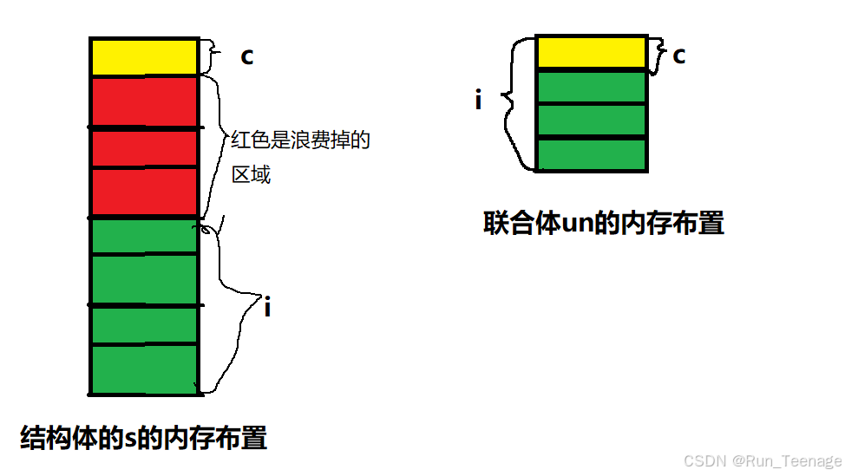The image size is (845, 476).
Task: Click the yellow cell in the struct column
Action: pos(144,57)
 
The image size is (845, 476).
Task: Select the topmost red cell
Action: pos(144,101)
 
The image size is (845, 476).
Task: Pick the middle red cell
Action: pos(144,148)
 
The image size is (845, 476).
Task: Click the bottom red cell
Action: pos(144,191)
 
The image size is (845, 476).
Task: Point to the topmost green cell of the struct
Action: pos(144,235)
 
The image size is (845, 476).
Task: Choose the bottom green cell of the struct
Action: pos(144,368)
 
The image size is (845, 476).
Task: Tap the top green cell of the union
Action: pos(592,87)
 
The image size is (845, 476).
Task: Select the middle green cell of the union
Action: pos(592,120)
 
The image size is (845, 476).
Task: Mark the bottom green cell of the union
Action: pos(592,153)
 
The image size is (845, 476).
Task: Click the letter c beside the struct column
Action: pos(246,56)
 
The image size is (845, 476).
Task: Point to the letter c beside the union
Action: pos(678,55)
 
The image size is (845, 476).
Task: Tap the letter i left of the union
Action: pos(478,101)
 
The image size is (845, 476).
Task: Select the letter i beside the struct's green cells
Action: pos(267,307)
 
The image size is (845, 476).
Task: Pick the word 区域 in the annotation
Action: pos(251,175)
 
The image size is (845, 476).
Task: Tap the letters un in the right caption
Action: pos(576,224)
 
